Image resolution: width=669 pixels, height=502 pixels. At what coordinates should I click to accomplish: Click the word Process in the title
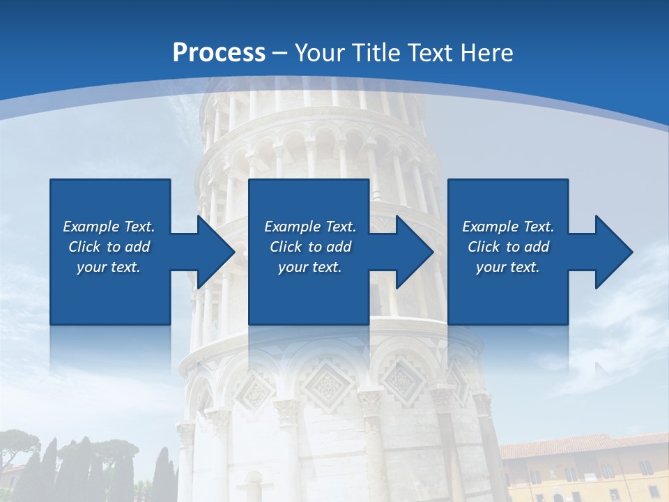pyautogui.click(x=219, y=52)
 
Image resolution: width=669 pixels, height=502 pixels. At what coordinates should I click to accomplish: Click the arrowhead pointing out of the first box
pyautogui.click(x=213, y=252)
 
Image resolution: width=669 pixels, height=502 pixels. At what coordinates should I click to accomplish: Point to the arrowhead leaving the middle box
pyautogui.click(x=412, y=252)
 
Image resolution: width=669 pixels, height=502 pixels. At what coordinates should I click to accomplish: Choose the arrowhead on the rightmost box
pyautogui.click(x=611, y=252)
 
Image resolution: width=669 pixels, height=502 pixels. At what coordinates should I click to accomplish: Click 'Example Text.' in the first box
pyautogui.click(x=109, y=227)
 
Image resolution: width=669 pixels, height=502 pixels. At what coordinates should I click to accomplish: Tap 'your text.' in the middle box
pyautogui.click(x=309, y=267)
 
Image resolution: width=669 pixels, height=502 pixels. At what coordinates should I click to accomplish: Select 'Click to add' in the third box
pyautogui.click(x=508, y=247)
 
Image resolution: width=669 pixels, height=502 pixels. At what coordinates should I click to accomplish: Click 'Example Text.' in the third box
pyautogui.click(x=508, y=227)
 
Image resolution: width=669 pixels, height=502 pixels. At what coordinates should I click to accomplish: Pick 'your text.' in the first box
pyautogui.click(x=109, y=267)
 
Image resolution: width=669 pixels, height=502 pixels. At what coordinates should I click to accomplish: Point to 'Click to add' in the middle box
pyautogui.click(x=309, y=247)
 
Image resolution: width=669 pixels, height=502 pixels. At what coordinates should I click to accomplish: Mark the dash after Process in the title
pyautogui.click(x=280, y=53)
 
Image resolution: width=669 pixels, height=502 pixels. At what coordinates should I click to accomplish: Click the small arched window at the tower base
pyautogui.click(x=254, y=488)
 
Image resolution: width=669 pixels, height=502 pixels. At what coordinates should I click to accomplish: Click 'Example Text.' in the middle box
pyautogui.click(x=309, y=227)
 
